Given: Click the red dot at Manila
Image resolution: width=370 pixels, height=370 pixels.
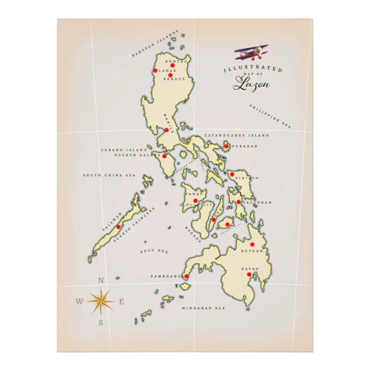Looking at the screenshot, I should pyautogui.click(x=167, y=130).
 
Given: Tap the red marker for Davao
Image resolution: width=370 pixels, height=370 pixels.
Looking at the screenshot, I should pyautogui.click(x=249, y=275).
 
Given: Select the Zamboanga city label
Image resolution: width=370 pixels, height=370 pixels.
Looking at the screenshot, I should pyautogui.click(x=166, y=276).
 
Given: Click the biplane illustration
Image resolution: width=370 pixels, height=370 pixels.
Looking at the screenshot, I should pyautogui.click(x=251, y=54).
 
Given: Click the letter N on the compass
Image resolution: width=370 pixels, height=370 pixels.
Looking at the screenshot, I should pyautogui.click(x=101, y=280).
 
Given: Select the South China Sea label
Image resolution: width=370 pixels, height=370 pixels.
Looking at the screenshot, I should pyautogui.click(x=109, y=175).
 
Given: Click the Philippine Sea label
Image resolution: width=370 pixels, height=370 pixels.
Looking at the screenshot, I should pyautogui.click(x=271, y=114).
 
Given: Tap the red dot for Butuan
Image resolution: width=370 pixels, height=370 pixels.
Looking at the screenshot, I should pyautogui.click(x=252, y=244).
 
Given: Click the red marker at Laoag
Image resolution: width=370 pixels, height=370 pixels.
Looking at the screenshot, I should pyautogui.click(x=155, y=71).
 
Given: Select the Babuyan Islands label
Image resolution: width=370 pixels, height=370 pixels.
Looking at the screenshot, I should pyautogui.click(x=156, y=44).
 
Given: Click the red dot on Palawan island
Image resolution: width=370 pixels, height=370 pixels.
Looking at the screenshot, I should pyautogui.click(x=118, y=226).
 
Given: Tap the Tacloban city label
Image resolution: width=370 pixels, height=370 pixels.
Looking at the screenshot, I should pyautogui.click(x=257, y=203).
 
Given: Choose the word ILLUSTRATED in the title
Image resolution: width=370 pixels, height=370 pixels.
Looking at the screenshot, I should pyautogui.click(x=253, y=70).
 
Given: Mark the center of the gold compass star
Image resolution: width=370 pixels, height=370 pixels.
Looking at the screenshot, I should pyautogui.click(x=101, y=301).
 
